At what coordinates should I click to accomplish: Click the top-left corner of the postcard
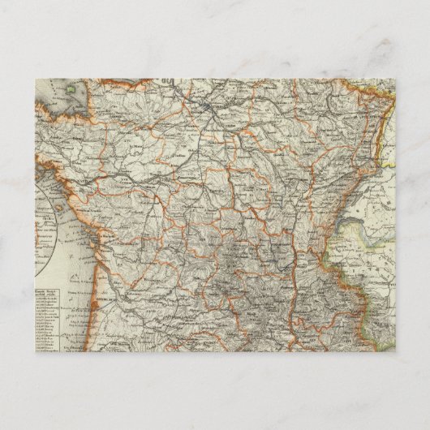[37, 79]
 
